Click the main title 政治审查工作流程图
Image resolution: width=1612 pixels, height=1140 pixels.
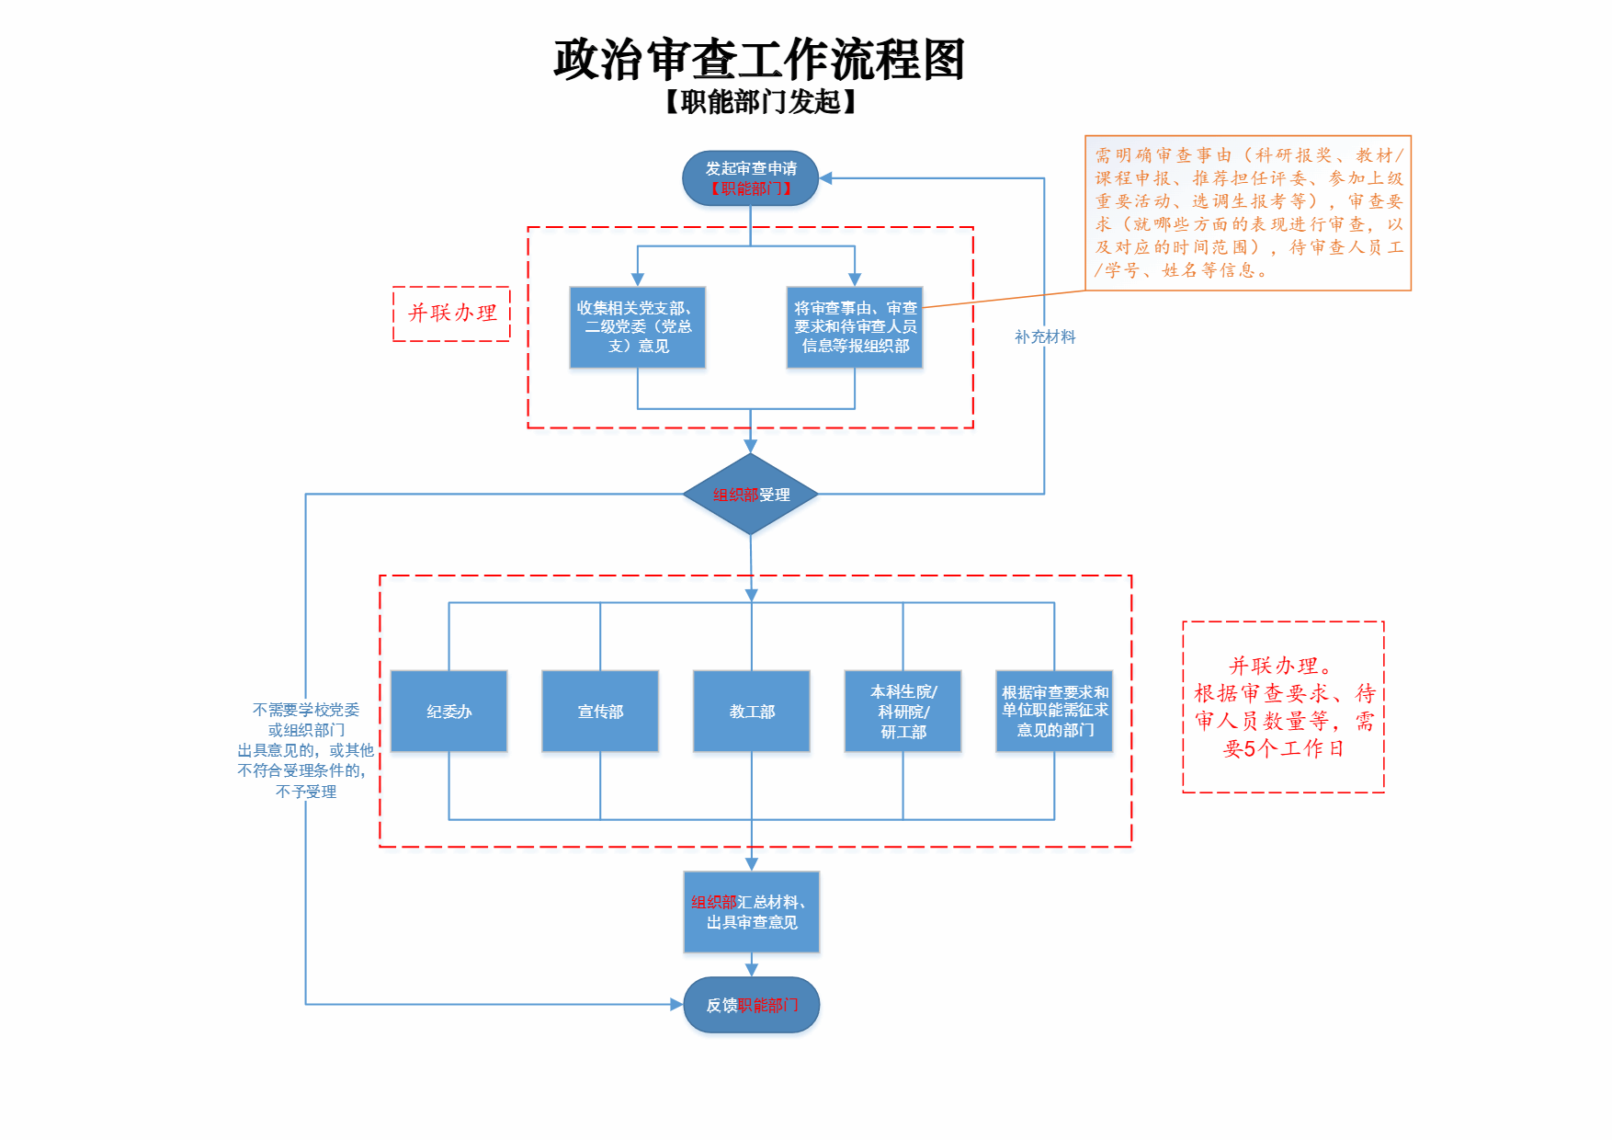[759, 60]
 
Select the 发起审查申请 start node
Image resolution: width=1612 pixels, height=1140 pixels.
[750, 178]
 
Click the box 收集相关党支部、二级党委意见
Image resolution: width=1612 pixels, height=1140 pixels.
[638, 327]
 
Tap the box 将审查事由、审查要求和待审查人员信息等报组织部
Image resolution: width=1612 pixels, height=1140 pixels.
[855, 327]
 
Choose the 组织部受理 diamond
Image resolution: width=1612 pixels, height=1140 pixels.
[751, 495]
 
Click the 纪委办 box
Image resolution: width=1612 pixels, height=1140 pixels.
[448, 712]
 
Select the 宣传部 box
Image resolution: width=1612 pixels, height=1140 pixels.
[600, 712]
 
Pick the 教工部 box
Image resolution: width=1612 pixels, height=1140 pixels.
[752, 712]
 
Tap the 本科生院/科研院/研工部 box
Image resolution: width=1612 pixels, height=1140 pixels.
[902, 712]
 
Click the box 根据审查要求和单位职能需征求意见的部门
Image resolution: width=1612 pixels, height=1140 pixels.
[1054, 712]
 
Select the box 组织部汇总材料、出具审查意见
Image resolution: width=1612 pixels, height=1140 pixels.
[752, 912]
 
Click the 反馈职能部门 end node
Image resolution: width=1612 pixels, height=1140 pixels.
[752, 1005]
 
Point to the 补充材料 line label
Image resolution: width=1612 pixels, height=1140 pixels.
[1045, 337]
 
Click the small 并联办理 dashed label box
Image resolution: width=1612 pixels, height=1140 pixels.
[451, 313]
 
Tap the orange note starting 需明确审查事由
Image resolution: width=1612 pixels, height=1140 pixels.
[1248, 213]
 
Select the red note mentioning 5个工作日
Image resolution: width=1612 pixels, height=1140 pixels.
[1283, 707]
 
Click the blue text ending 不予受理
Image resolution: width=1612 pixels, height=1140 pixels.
[306, 750]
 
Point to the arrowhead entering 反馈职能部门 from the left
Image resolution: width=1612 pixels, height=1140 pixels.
[677, 1005]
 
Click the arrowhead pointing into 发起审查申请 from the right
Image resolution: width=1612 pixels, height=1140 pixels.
[825, 178]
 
